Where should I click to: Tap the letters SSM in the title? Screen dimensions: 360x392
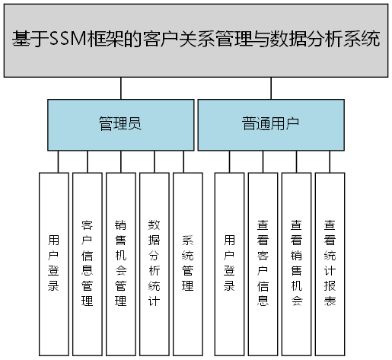pos(66,40)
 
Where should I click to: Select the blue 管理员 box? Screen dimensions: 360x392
pos(120,123)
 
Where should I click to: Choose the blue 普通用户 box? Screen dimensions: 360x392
pos(270,123)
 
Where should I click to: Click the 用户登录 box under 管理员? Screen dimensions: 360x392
pos(53,259)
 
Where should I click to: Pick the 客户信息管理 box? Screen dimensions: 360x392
pos(87,259)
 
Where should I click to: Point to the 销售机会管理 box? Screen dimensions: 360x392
pos(120,259)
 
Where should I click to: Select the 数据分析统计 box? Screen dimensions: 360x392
pos(154,259)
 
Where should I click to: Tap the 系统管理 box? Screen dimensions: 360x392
pos(187,259)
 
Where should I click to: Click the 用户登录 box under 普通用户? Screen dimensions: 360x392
pos(229,259)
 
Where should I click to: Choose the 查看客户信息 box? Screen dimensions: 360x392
pos(263,259)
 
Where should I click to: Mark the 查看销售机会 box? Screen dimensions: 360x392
pos(296,259)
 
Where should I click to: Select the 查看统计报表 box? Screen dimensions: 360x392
pos(330,259)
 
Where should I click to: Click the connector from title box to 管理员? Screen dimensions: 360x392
pos(120,88)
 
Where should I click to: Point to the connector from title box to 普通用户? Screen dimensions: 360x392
pos(270,88)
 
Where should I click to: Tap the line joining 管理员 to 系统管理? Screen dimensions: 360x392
pos(183,161)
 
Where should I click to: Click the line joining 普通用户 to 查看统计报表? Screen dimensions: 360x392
pos(330,161)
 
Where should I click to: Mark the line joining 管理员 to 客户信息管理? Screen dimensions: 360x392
pos(87,161)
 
